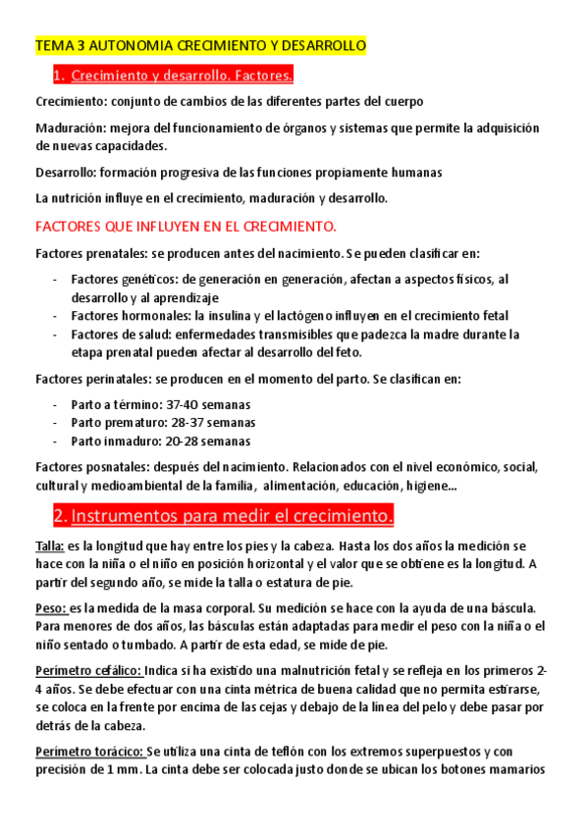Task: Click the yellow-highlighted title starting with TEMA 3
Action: click(200, 46)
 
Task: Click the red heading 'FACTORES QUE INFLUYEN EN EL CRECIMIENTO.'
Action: click(186, 226)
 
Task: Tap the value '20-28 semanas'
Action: click(209, 441)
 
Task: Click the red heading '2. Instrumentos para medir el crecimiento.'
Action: click(223, 516)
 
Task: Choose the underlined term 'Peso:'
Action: click(52, 608)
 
